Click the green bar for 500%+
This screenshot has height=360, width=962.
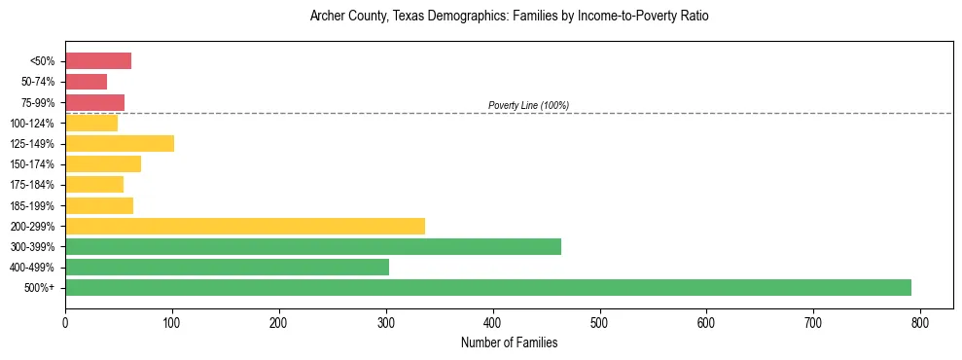[487, 287]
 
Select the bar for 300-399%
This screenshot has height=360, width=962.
[312, 246]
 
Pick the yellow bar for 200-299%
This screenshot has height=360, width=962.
[244, 226]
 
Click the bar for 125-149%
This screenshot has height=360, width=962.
[119, 143]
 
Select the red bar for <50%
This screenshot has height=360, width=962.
[97, 61]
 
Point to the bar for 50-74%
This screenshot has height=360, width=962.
[86, 82]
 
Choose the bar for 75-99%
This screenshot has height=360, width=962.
[94, 102]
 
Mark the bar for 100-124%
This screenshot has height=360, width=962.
[90, 123]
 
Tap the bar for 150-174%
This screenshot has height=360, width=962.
[102, 163]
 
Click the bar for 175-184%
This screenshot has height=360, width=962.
[93, 184]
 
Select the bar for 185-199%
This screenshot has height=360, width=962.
[98, 205]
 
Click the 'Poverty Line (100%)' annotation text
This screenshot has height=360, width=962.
[528, 105]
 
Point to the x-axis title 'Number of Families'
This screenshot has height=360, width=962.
[509, 342]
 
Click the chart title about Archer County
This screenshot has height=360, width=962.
[509, 17]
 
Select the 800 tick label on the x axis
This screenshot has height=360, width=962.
[920, 322]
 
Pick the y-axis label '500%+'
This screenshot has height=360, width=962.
[39, 288]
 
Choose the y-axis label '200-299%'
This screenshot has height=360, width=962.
[32, 226]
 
